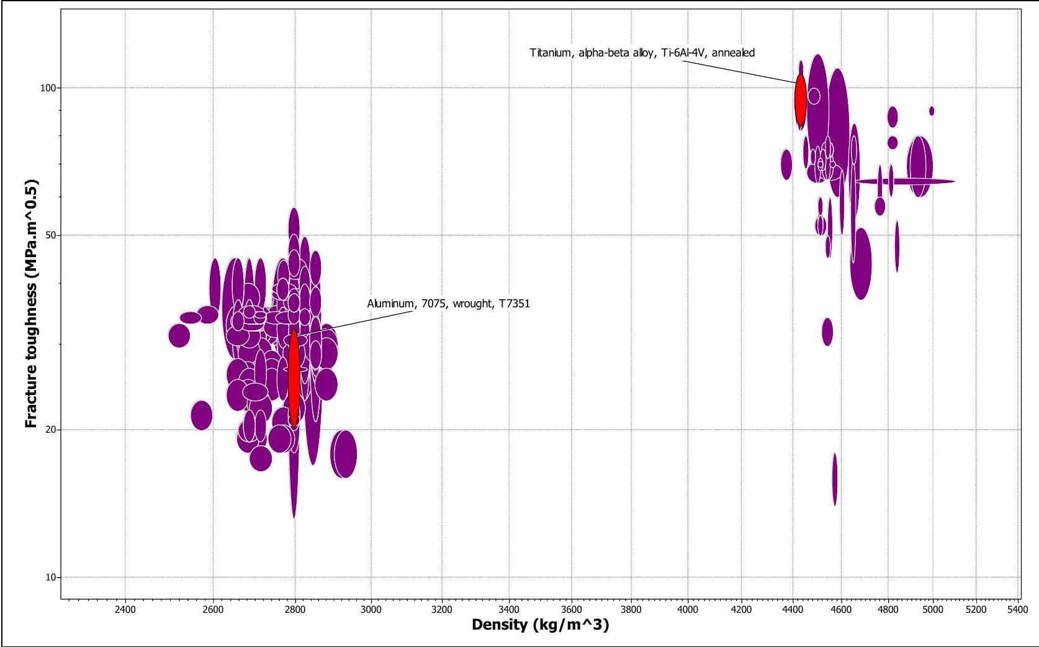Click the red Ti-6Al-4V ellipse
[801, 100]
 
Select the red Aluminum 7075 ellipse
[294, 378]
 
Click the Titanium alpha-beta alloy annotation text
[642, 53]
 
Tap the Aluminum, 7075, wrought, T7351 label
[449, 304]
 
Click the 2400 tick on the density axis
[125, 609]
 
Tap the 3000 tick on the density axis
[371, 609]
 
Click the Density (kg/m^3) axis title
[541, 625]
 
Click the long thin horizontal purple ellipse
[905, 181]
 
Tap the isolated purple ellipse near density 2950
[344, 454]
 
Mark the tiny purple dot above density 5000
[932, 111]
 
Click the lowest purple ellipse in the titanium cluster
[835, 479]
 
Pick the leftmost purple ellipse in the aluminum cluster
[179, 335]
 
